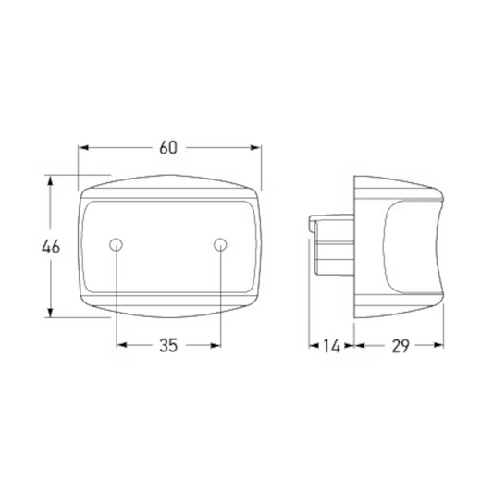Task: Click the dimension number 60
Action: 168,148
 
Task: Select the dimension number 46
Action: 51,246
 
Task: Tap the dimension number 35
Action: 168,346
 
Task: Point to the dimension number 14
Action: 332,346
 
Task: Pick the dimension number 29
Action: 401,346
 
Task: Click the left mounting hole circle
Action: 116,244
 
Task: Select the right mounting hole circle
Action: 220,244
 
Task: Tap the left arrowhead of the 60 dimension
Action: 83,147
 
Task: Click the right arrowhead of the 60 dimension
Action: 256,147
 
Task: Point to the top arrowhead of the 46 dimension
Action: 50,181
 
